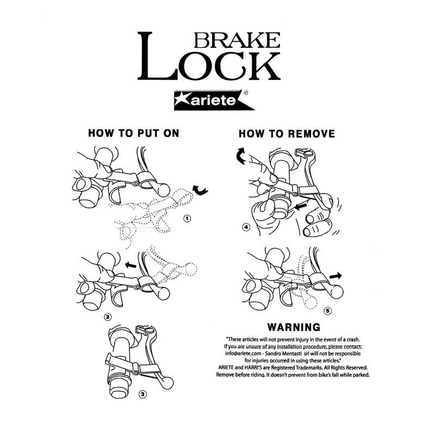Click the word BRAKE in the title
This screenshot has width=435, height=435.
(x=237, y=40)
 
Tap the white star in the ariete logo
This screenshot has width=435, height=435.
(x=182, y=100)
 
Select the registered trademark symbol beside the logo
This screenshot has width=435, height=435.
(x=246, y=92)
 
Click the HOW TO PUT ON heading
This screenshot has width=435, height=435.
(x=134, y=133)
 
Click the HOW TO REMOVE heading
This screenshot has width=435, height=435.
(x=287, y=134)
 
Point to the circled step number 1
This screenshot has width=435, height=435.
(x=188, y=219)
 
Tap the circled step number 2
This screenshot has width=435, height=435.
(x=107, y=317)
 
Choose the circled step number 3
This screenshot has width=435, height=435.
(x=142, y=394)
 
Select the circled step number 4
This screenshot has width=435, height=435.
(x=246, y=227)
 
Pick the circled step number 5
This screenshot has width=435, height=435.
(x=328, y=310)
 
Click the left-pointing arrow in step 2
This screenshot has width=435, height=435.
(x=130, y=265)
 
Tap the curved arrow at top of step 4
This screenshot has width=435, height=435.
(x=239, y=156)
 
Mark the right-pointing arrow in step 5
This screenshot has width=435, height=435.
(x=335, y=276)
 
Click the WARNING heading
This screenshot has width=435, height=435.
(x=294, y=327)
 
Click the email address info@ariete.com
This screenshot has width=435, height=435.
(x=243, y=354)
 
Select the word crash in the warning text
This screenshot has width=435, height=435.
(x=353, y=339)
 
